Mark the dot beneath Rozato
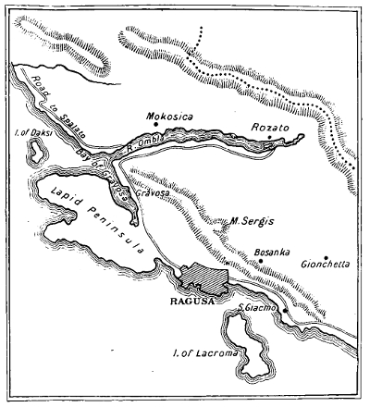point(269,139)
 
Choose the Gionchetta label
point(325,265)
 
